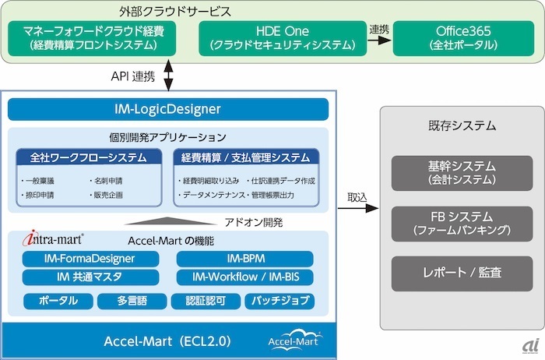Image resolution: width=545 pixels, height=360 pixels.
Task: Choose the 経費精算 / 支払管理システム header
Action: tap(246, 157)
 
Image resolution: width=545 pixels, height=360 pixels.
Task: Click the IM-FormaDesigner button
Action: tap(90, 259)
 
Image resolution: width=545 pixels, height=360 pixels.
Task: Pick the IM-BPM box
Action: tap(245, 259)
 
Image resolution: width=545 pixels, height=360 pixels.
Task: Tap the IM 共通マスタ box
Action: tap(90, 277)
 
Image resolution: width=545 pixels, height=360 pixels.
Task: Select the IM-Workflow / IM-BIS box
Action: tap(245, 277)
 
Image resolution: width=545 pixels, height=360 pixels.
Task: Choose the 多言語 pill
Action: tap(132, 301)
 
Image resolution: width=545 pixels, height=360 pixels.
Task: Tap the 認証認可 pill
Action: tap(206, 301)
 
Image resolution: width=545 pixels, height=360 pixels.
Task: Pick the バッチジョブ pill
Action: tap(280, 301)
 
